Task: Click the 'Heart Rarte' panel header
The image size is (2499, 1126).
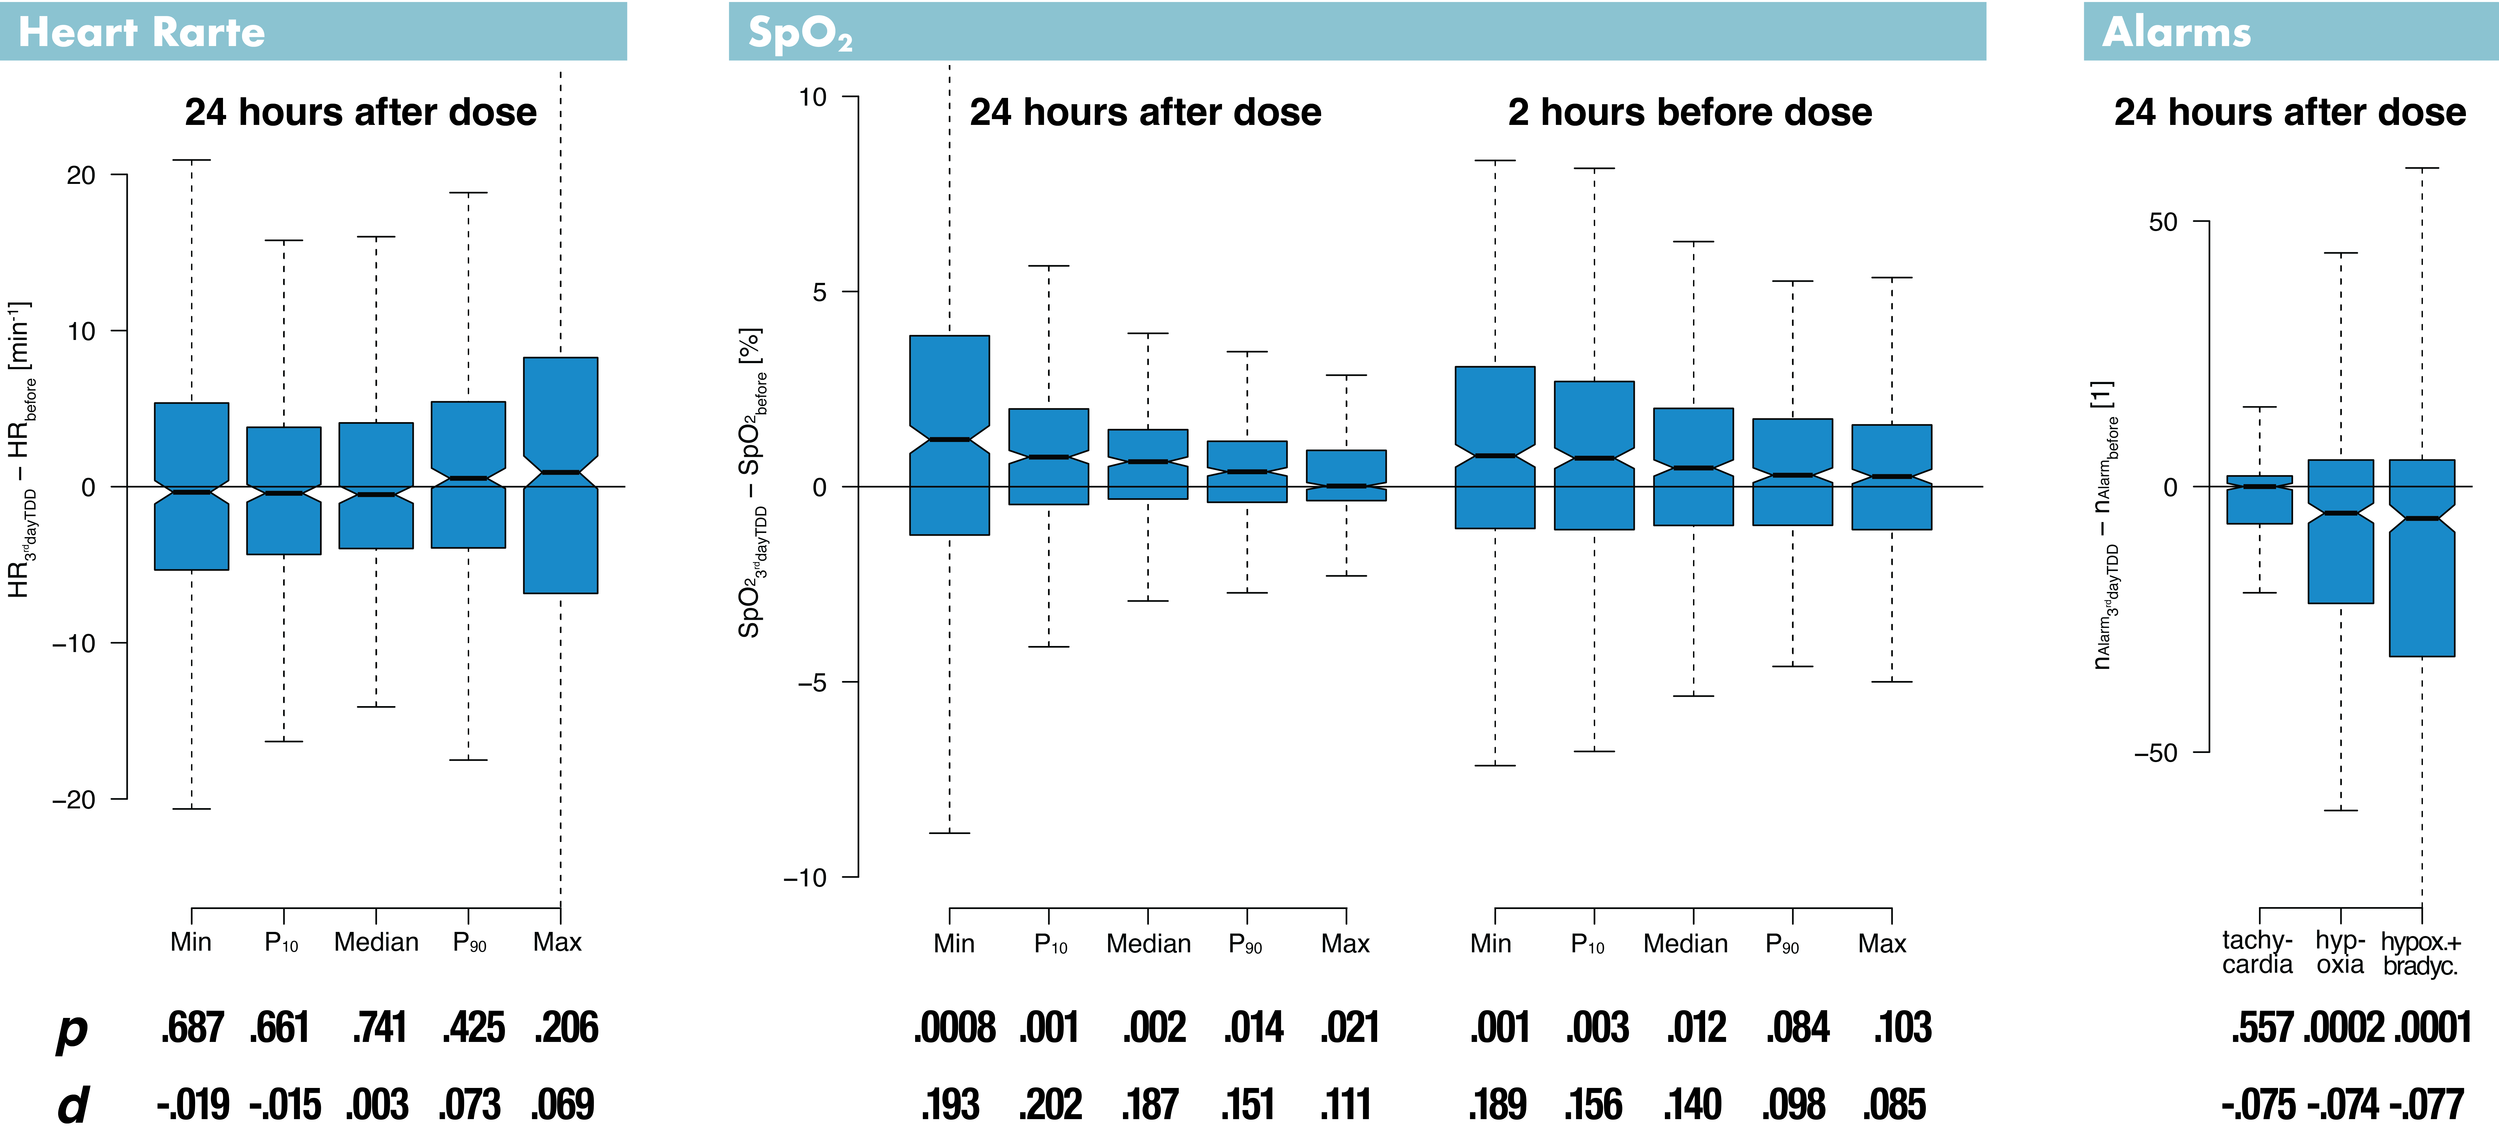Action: (x=142, y=32)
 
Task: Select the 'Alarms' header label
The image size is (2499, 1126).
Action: (x=2176, y=32)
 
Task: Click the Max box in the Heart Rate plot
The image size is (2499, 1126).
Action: (x=561, y=475)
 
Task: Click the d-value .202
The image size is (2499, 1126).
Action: (x=1051, y=1104)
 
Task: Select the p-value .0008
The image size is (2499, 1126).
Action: (x=955, y=1027)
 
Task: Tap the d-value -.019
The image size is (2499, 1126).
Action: (x=193, y=1104)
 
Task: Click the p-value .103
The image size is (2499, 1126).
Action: (x=1903, y=1027)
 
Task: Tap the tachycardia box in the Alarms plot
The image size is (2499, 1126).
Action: (x=2259, y=500)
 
